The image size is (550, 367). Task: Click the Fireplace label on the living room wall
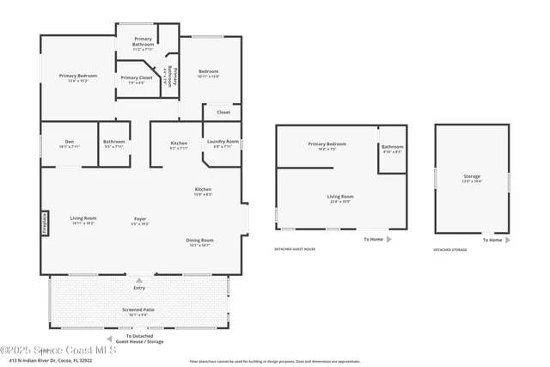[46, 223]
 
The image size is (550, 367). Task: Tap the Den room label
[69, 143]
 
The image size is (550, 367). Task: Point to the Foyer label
[139, 219]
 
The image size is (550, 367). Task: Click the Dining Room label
[200, 242]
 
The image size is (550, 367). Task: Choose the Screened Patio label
[138, 309]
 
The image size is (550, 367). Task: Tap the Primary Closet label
[136, 78]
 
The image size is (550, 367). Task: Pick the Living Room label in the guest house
[341, 198]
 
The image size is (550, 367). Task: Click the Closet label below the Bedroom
[223, 112]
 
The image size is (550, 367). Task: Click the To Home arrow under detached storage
[508, 240]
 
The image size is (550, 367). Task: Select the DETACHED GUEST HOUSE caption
[295, 249]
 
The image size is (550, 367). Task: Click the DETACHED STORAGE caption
[450, 249]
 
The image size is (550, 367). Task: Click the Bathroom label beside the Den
[113, 143]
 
